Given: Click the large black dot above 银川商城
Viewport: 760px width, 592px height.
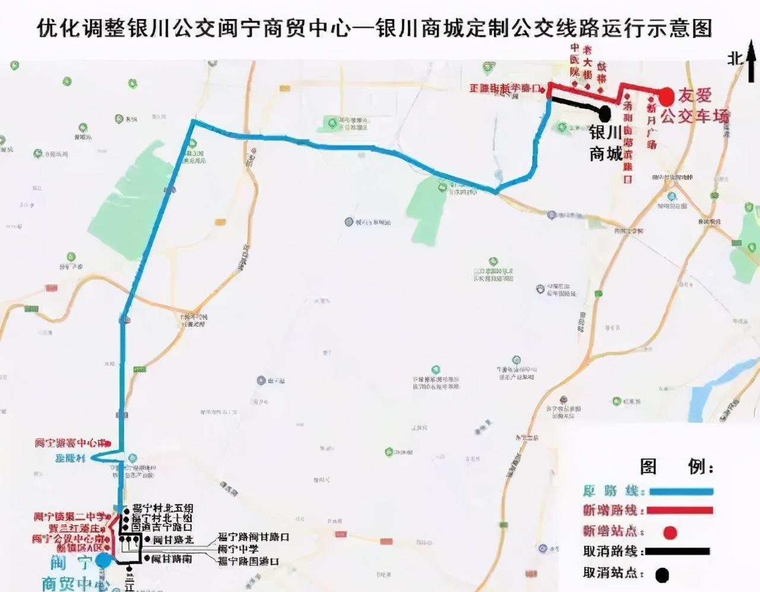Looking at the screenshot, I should click(605, 112).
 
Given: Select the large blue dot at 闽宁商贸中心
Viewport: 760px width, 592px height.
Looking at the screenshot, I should click(104, 559).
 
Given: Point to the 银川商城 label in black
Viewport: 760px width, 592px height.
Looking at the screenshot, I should click(606, 143).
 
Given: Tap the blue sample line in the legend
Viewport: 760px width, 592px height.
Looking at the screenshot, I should click(680, 492).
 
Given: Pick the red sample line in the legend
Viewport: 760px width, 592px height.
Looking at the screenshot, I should click(680, 511).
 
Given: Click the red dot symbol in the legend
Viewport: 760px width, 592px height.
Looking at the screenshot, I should click(670, 532).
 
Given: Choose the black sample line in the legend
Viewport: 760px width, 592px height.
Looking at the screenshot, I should click(677, 552).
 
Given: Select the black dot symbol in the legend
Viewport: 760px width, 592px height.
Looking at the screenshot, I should click(662, 575).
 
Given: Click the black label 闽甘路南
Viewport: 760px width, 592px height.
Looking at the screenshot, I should click(172, 559).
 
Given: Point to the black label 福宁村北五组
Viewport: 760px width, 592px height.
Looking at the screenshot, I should click(163, 509).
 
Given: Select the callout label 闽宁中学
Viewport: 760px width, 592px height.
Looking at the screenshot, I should click(238, 549).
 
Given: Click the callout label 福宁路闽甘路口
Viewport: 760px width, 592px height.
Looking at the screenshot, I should click(254, 537).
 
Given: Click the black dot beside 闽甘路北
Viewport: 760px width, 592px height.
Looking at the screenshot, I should click(147, 540).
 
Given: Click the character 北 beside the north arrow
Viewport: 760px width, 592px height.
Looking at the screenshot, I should click(735, 58).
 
